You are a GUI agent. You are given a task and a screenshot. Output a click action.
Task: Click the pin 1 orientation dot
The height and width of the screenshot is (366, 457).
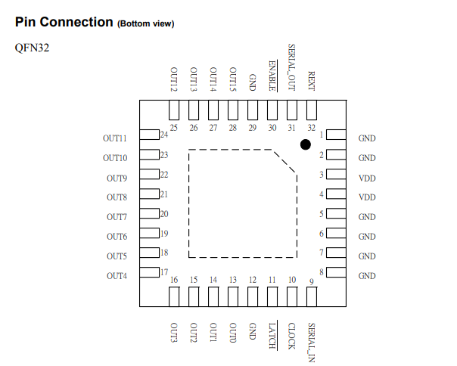pyautogui.click(x=306, y=144)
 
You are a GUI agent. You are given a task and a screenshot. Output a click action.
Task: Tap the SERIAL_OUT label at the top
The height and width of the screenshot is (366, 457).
pyautogui.click(x=292, y=67)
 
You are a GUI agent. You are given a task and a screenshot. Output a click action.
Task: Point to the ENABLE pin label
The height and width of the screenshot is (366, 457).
pyautogui.click(x=272, y=75)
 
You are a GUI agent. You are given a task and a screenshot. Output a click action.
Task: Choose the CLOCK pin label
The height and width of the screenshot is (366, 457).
pyautogui.click(x=292, y=335)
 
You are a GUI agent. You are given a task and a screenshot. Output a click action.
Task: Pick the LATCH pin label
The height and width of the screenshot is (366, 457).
pyautogui.click(x=272, y=335)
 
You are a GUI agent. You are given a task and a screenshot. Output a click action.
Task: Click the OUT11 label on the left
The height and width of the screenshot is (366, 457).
pyautogui.click(x=115, y=139)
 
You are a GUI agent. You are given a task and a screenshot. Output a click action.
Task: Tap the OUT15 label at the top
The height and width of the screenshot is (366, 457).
pyautogui.click(x=233, y=79)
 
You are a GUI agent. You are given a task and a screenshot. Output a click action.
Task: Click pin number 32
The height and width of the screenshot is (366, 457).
pyautogui.click(x=312, y=127)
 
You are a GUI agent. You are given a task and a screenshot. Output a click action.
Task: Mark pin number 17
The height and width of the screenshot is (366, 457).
pyautogui.click(x=164, y=272)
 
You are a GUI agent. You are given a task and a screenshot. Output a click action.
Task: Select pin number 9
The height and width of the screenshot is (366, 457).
pyautogui.click(x=312, y=282)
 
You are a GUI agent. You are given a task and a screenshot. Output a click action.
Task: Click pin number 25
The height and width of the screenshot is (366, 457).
pyautogui.click(x=174, y=127)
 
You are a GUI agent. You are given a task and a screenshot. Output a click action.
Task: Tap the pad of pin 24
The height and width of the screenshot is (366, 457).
pyautogui.click(x=149, y=135)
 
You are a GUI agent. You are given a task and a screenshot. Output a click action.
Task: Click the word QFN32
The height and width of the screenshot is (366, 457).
pyautogui.click(x=33, y=48)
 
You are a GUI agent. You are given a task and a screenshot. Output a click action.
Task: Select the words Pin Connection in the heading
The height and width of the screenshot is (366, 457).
pyautogui.click(x=64, y=22)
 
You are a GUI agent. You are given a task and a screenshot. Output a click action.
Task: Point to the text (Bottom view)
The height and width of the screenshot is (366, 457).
pyautogui.click(x=146, y=23)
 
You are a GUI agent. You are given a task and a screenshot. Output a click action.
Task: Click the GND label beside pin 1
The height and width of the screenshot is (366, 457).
pyautogui.click(x=367, y=138)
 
